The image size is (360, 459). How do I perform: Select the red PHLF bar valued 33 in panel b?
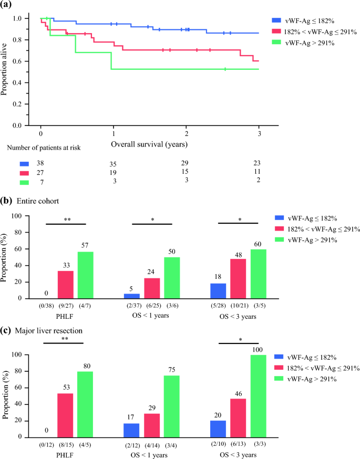click(66, 285)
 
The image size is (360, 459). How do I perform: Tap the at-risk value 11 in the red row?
click(256, 172)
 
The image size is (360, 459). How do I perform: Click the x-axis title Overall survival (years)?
click(150, 143)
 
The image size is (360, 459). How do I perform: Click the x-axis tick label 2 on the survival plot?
click(187, 133)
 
